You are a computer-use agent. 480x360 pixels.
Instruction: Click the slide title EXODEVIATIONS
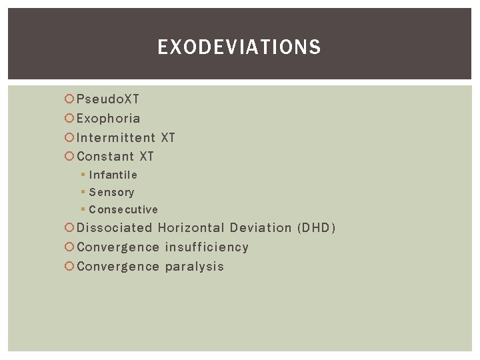tap(239, 47)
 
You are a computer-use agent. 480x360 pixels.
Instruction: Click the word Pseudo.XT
tap(108, 99)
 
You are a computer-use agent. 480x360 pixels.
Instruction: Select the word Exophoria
tap(109, 119)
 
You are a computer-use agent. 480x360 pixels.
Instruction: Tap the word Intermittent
tap(116, 138)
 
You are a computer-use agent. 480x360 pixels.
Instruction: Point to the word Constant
tap(105, 157)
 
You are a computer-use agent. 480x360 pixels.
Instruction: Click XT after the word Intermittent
tap(167, 138)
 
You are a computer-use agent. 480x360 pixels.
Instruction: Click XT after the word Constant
tap(147, 157)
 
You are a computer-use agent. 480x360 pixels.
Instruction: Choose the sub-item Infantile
tap(113, 175)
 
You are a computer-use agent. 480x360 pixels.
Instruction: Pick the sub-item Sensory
tap(111, 192)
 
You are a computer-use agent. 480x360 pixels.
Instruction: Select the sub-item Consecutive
tap(123, 209)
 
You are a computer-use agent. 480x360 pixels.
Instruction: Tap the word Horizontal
tap(191, 228)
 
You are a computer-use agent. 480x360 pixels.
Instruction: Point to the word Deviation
tap(261, 228)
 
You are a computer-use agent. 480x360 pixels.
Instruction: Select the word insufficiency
tap(207, 247)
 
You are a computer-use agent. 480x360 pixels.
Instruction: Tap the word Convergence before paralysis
tap(118, 267)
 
